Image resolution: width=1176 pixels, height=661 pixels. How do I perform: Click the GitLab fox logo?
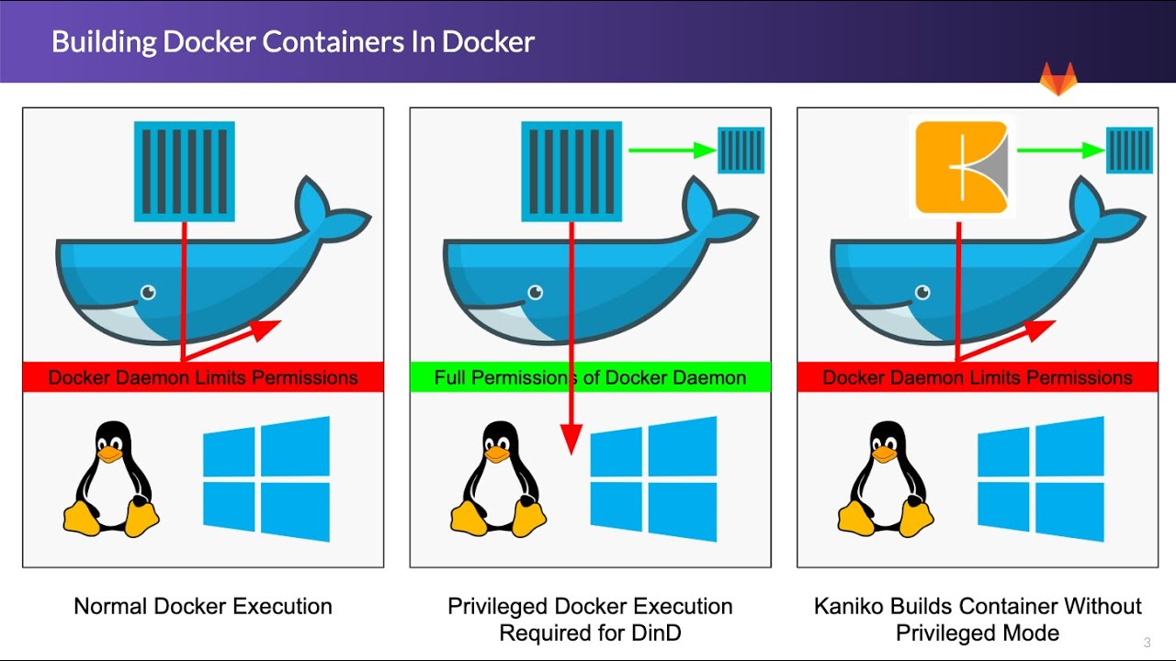1057,80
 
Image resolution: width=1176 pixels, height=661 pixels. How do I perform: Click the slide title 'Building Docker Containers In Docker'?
292,41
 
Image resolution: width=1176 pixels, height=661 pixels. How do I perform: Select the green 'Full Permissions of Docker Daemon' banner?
590,377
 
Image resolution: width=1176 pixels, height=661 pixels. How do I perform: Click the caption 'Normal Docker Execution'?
203,606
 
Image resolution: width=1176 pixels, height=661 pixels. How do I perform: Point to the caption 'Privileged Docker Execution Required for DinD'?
590,620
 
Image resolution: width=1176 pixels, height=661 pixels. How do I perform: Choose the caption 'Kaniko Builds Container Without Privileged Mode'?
978,620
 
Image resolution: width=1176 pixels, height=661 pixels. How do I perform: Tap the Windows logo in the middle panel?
653,478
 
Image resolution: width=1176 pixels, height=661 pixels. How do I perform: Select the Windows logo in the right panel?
1041,478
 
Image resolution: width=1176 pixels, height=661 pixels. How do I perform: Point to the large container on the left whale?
185,172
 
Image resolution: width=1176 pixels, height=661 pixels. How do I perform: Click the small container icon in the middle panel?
741,151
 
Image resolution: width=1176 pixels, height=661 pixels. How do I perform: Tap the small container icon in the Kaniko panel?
1129,151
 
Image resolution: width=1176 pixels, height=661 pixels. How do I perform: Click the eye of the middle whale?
535,293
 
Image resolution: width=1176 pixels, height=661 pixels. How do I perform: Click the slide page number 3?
1147,642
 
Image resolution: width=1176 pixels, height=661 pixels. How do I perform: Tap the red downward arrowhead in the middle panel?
571,440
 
